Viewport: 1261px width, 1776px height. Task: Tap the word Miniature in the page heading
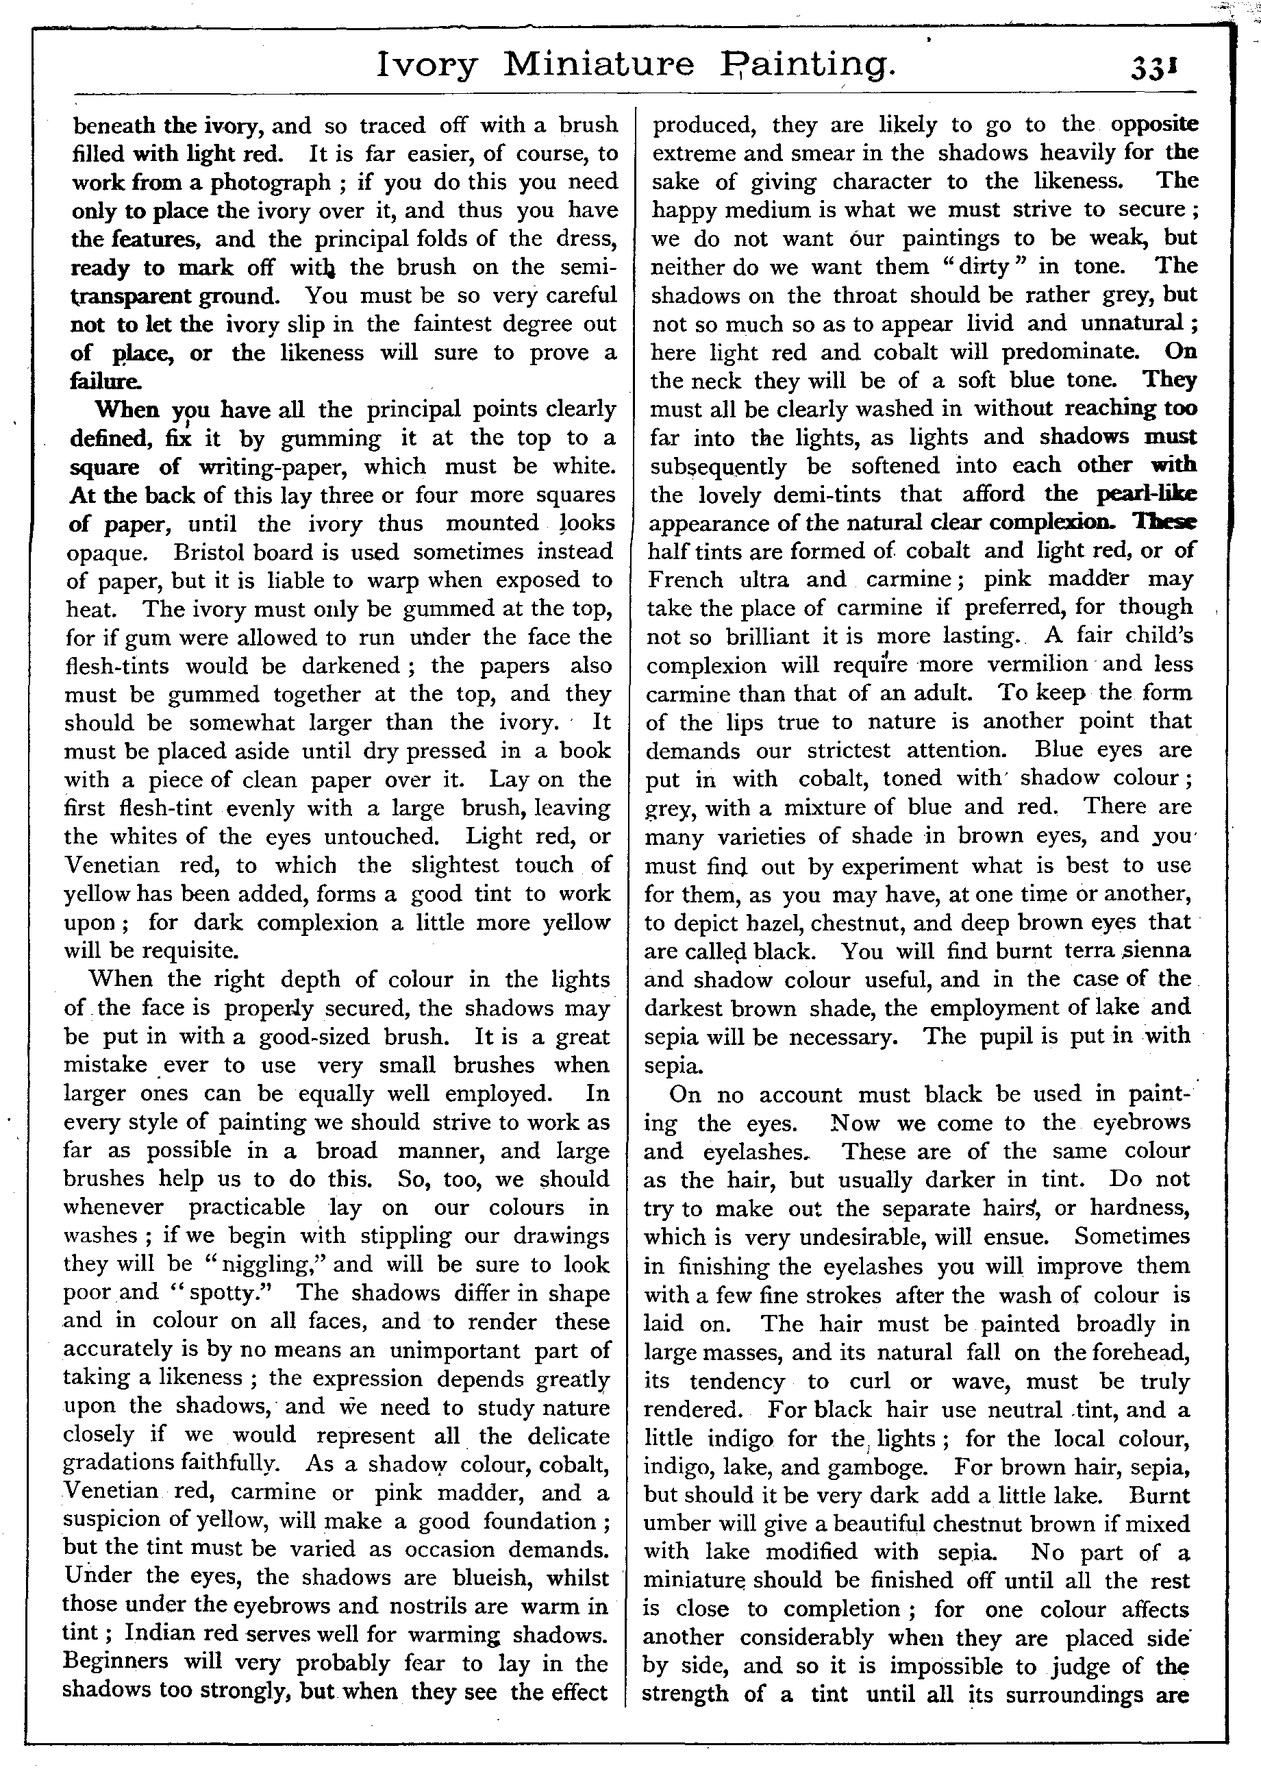pyautogui.click(x=599, y=64)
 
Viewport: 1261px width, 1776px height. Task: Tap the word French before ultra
pyautogui.click(x=686, y=579)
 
